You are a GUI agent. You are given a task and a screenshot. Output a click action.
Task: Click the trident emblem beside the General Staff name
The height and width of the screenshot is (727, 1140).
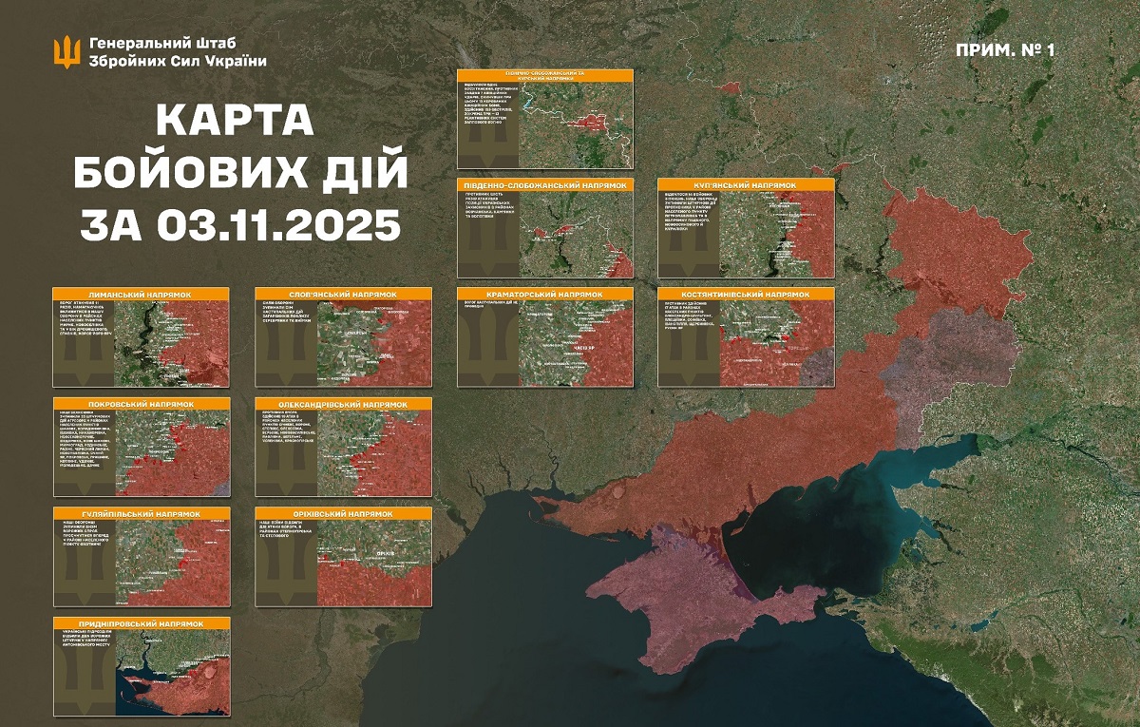coord(66,51)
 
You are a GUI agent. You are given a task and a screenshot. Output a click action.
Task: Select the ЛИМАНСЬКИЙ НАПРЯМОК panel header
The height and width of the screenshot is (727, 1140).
coord(141,295)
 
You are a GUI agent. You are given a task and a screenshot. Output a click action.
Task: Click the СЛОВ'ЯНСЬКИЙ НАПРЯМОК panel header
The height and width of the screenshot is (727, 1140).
coord(343,295)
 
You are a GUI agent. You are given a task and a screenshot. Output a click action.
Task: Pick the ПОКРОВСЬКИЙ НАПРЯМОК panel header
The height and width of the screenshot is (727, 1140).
coord(141,404)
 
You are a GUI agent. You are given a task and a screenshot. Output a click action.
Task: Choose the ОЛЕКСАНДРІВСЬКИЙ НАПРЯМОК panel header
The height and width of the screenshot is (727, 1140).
coord(343,404)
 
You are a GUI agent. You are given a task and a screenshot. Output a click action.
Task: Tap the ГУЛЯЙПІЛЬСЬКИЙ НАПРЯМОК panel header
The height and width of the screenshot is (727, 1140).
coord(141,513)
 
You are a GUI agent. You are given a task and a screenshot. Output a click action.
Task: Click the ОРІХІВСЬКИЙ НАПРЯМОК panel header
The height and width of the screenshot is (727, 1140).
coord(343,513)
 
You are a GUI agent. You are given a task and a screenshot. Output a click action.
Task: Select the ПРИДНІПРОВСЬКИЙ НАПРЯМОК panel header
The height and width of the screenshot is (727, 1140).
coord(141,622)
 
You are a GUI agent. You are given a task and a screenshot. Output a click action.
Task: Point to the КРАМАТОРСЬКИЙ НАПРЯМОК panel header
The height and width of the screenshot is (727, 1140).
coord(544,295)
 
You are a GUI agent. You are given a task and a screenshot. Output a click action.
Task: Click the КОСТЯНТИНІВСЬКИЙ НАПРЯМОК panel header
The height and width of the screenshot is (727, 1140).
coord(746,295)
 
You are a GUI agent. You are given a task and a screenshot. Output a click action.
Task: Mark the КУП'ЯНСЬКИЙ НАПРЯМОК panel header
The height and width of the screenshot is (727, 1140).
coord(746,184)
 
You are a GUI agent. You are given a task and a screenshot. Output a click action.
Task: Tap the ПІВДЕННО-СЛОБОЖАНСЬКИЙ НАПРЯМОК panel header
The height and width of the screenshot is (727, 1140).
coord(544,184)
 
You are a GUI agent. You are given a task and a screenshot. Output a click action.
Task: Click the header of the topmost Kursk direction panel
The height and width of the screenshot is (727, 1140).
coord(544,74)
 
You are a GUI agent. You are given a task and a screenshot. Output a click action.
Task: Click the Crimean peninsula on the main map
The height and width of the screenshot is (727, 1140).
coord(703,608)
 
